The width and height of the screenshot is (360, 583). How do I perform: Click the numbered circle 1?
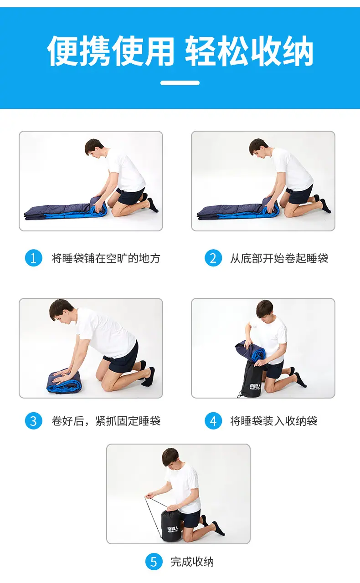click(34, 258)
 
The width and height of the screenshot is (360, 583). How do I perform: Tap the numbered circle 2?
click(213, 258)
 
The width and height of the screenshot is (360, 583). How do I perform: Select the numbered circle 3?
click(34, 420)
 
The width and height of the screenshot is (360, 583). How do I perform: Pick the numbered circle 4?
click(213, 420)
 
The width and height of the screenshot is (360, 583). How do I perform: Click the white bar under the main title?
click(180, 83)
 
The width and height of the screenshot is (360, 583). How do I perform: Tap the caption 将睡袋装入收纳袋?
click(273, 421)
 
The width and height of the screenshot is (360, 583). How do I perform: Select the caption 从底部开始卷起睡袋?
click(279, 258)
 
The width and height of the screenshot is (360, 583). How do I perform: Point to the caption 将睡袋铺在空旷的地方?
click(106, 258)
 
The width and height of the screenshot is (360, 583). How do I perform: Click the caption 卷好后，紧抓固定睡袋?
click(106, 421)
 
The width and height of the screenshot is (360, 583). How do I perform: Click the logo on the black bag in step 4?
click(255, 386)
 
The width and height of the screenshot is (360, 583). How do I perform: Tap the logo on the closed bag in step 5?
click(173, 529)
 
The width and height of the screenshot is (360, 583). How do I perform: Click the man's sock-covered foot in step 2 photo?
click(325, 206)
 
